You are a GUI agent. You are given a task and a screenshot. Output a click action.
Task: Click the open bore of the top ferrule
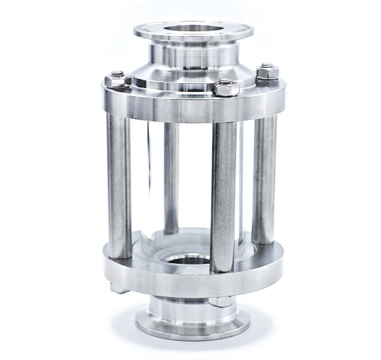(192, 31)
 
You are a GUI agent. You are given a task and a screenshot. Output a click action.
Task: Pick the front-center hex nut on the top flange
(226, 88)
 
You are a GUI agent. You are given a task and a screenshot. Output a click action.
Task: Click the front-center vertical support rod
(224, 194)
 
